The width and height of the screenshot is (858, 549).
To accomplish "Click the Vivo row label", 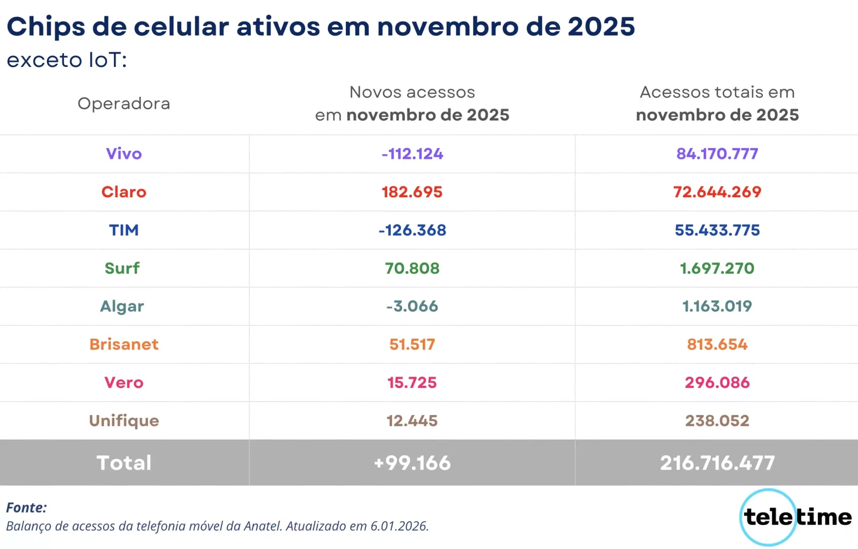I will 124,154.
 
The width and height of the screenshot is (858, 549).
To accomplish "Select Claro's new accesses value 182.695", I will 412,192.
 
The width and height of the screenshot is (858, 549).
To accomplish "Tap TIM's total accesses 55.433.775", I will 717,230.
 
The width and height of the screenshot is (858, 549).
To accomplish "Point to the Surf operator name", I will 122,268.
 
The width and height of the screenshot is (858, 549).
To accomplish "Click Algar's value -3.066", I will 412,306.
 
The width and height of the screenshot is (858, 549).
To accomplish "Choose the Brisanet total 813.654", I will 717,344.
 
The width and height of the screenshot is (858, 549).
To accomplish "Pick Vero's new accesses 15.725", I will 412,382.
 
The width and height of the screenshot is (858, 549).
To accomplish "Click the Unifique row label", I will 124,420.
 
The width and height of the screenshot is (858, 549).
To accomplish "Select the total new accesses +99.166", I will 412,463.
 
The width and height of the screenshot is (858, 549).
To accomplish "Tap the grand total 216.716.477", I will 717,463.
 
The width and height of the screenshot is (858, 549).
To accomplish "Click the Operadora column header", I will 124,103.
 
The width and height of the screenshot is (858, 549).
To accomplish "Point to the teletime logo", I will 796,517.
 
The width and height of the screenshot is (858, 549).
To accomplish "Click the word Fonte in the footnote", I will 26,507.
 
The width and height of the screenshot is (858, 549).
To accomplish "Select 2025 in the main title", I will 601,27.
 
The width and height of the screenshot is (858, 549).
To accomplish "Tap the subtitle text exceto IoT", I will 66,60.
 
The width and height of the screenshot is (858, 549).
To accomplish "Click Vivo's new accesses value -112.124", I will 412,154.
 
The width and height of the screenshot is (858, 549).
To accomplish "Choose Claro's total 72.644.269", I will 717,192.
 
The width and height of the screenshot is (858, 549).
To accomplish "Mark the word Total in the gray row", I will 124,463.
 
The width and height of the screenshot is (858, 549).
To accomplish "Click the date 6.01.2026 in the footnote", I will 399,526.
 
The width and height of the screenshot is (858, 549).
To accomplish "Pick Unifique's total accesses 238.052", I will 717,420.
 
